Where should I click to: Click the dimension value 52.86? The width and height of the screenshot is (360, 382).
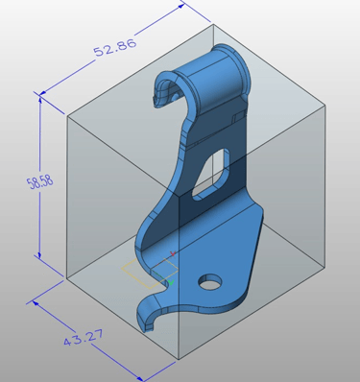115,48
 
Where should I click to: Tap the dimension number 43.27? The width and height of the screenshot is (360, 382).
84,338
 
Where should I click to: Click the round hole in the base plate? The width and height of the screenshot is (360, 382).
210,282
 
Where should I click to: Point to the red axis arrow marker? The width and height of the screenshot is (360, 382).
173,254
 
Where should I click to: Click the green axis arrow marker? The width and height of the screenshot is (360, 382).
171,282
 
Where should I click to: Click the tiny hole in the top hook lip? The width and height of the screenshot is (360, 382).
174,96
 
